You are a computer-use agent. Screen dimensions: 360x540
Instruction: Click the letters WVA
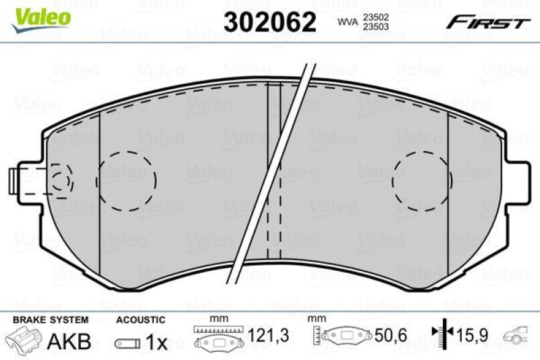point(348,22)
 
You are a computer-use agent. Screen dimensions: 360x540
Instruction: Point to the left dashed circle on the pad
point(127,179)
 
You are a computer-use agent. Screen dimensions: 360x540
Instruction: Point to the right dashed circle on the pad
point(421,179)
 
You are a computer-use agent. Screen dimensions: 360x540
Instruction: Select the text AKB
point(68,342)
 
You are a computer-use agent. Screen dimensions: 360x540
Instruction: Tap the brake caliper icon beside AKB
point(25,341)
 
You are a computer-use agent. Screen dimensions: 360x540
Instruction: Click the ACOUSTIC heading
point(140,319)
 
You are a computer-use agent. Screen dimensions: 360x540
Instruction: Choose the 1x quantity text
point(156,342)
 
